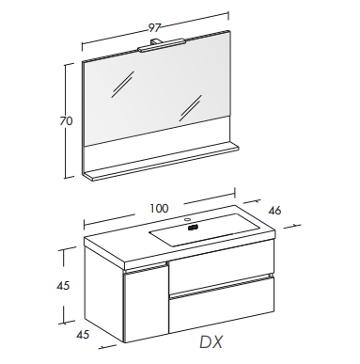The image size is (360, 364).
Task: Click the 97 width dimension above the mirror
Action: (154, 28)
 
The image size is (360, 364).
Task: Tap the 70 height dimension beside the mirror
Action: (66, 121)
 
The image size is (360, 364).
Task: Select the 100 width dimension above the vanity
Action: (159, 209)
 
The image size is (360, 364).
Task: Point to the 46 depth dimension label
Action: (274, 211)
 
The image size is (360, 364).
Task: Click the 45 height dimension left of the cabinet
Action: (63, 286)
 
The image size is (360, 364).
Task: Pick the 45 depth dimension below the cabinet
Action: (83, 335)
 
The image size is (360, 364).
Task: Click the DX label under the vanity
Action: (211, 342)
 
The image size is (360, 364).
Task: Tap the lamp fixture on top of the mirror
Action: (161, 44)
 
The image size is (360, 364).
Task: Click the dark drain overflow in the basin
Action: (193, 228)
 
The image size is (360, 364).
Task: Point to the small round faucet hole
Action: (188, 219)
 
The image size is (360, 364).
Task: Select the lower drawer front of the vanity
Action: (221, 304)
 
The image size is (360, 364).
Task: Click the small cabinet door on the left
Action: (147, 303)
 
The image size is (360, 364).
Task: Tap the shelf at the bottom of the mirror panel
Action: (160, 162)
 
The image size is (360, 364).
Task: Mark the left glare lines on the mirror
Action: (122, 84)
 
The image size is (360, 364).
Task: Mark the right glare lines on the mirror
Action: (190, 108)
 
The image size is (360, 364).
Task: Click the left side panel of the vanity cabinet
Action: (103, 293)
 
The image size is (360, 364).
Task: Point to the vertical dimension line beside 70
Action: (66, 121)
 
